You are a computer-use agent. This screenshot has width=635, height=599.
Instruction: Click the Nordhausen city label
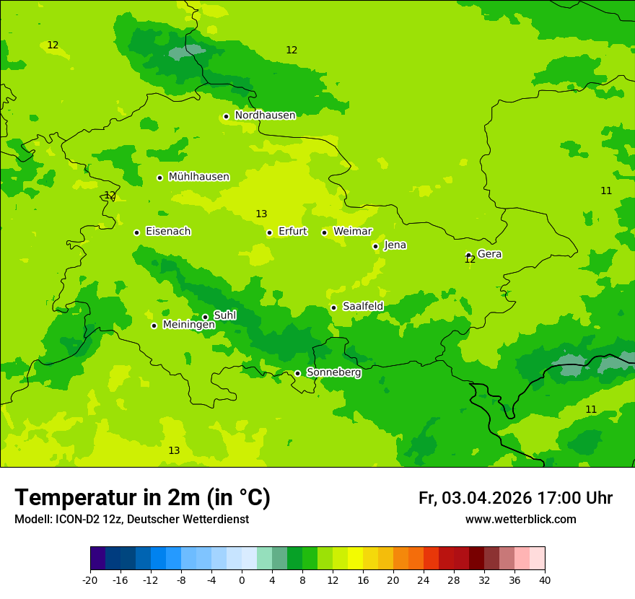(265, 115)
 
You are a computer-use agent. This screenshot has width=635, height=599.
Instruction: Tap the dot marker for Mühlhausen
(159, 178)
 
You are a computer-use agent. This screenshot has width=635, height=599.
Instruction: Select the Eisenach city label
(168, 232)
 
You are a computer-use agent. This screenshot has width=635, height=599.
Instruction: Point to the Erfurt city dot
(269, 232)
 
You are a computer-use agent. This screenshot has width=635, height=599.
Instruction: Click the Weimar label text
(352, 232)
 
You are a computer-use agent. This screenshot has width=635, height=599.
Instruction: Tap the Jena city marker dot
(375, 246)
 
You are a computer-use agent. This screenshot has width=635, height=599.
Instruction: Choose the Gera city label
(489, 254)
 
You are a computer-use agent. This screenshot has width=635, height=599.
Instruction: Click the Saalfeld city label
(362, 307)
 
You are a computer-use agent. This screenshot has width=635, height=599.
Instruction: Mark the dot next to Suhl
(205, 317)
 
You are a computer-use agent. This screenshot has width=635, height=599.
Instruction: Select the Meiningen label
(188, 325)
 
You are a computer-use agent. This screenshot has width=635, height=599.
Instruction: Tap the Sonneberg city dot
(297, 373)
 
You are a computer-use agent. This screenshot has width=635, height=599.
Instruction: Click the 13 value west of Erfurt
(261, 214)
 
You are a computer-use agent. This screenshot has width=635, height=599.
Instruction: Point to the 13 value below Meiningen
(174, 451)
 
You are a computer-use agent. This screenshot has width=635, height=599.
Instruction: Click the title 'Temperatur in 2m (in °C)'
(142, 498)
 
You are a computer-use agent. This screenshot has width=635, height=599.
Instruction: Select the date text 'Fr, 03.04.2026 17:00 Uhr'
(515, 499)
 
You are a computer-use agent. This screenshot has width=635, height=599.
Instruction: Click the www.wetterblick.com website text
(520, 520)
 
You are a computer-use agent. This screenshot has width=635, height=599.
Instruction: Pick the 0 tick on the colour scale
(242, 580)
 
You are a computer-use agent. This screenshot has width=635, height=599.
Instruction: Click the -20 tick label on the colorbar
(90, 580)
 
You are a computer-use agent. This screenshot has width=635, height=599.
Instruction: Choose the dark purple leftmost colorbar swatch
(97, 559)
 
